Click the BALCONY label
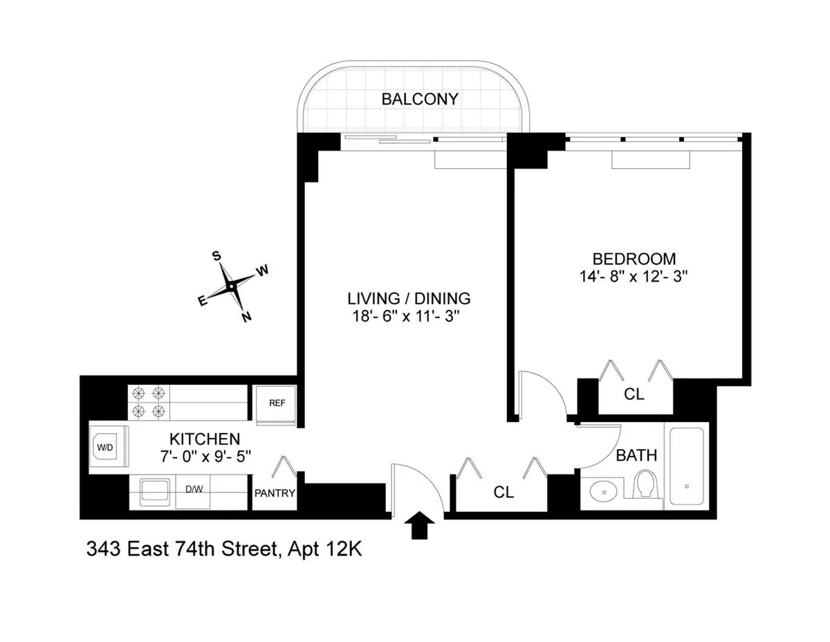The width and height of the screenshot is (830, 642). point(419,99)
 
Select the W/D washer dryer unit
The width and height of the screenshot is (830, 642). point(105,448)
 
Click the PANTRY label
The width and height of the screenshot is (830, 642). point(275,493)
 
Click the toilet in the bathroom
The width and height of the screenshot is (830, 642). point(646,484)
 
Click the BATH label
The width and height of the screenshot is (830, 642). point(636,455)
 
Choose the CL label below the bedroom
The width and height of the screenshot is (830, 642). point(634,395)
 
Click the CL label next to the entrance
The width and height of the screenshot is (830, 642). point(504,492)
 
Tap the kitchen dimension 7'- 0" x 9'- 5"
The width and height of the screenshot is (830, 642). point(205,456)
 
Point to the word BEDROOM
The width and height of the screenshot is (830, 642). point(634,259)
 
